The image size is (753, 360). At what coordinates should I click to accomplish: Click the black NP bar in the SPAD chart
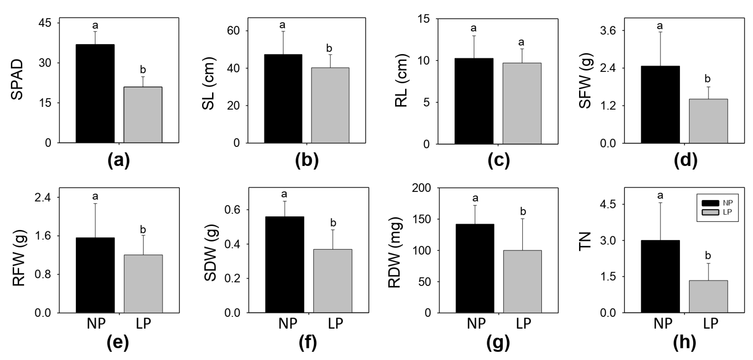(95, 93)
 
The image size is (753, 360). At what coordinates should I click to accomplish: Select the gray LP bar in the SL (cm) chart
(330, 105)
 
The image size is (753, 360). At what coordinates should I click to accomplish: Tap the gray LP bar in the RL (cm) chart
(522, 103)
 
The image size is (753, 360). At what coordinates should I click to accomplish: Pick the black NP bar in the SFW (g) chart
(660, 104)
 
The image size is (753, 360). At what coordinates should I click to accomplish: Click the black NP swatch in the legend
(710, 203)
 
